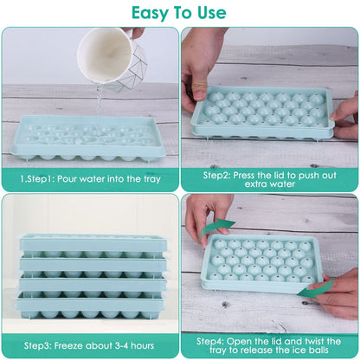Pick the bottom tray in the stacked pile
click(91, 304)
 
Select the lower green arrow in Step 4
click(321, 289)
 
